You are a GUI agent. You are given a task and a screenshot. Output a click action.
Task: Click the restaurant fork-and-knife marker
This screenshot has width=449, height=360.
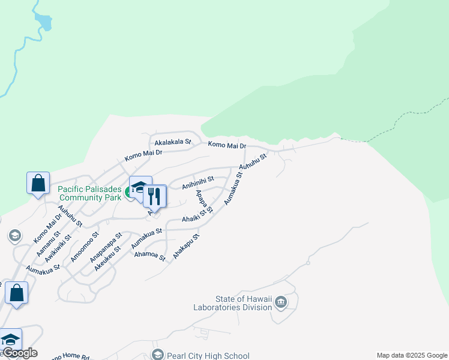click(155, 196)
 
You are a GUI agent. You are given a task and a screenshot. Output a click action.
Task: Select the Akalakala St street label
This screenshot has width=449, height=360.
click(172, 143)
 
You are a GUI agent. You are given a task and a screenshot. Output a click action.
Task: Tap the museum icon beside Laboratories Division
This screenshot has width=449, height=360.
click(280, 303)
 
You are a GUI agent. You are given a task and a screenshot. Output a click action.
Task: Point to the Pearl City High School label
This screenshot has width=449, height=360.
click(208, 356)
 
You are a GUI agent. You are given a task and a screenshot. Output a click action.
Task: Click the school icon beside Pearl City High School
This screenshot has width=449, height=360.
click(158, 355)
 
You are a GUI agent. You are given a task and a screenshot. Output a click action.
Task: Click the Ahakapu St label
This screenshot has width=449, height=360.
click(185, 247)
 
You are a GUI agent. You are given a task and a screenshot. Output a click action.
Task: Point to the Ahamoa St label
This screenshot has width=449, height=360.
click(149, 255)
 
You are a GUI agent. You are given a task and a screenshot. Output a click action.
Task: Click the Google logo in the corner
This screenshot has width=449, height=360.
click(19, 353)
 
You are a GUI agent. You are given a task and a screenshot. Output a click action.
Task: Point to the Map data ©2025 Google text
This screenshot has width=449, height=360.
click(412, 355)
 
